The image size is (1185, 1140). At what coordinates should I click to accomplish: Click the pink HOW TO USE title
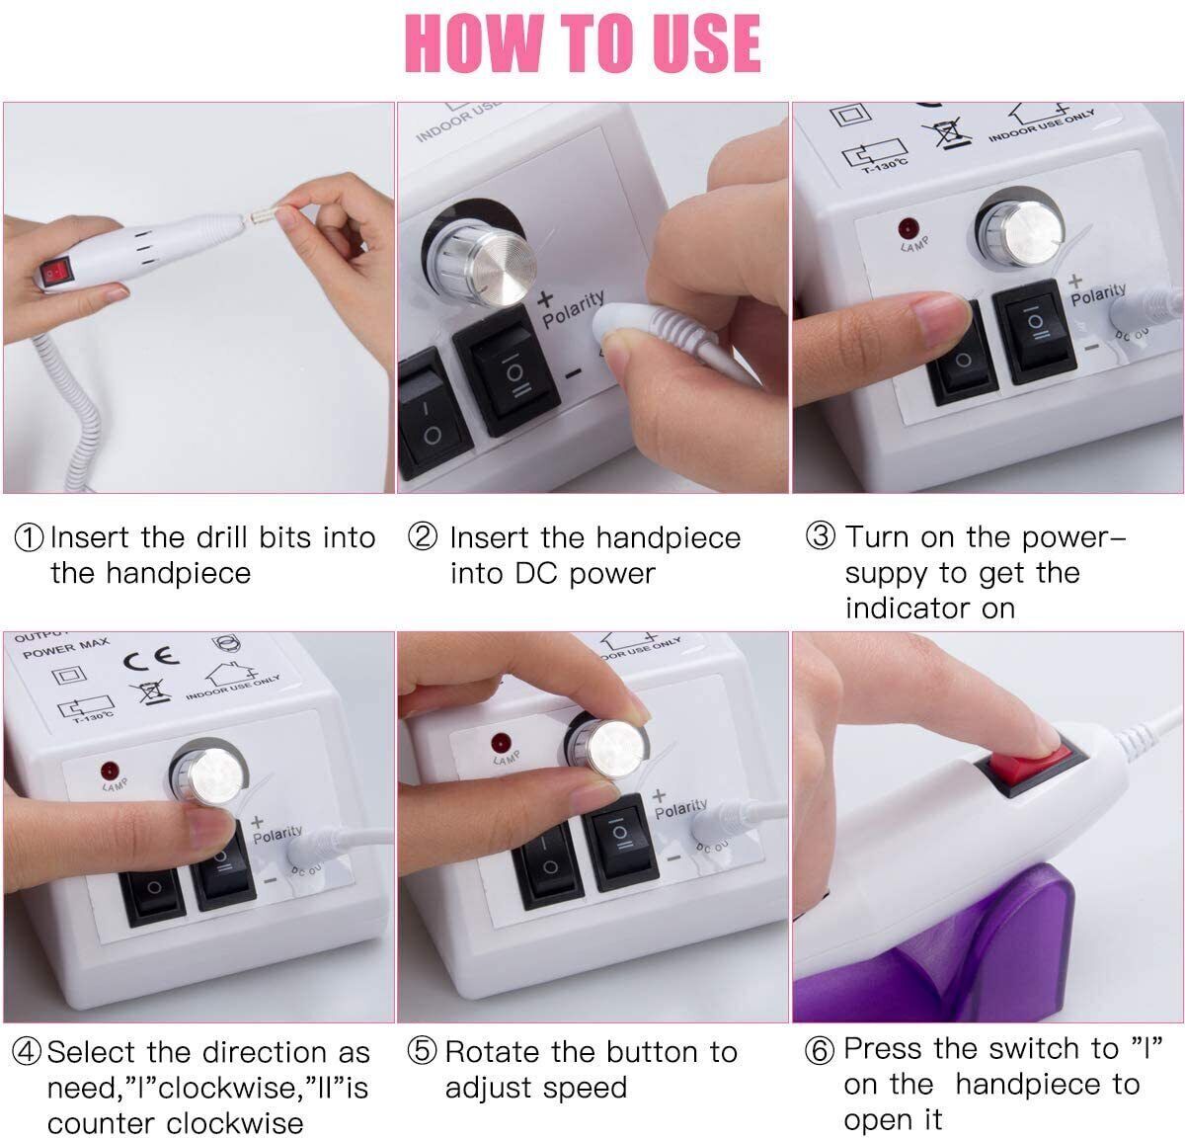coord(583,41)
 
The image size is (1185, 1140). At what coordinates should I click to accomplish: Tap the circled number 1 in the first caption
coord(29,538)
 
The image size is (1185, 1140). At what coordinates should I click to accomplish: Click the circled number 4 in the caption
coord(27,1052)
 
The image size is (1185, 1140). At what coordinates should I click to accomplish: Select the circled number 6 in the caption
coord(819,1050)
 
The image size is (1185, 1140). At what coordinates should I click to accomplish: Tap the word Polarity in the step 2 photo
coord(573,309)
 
